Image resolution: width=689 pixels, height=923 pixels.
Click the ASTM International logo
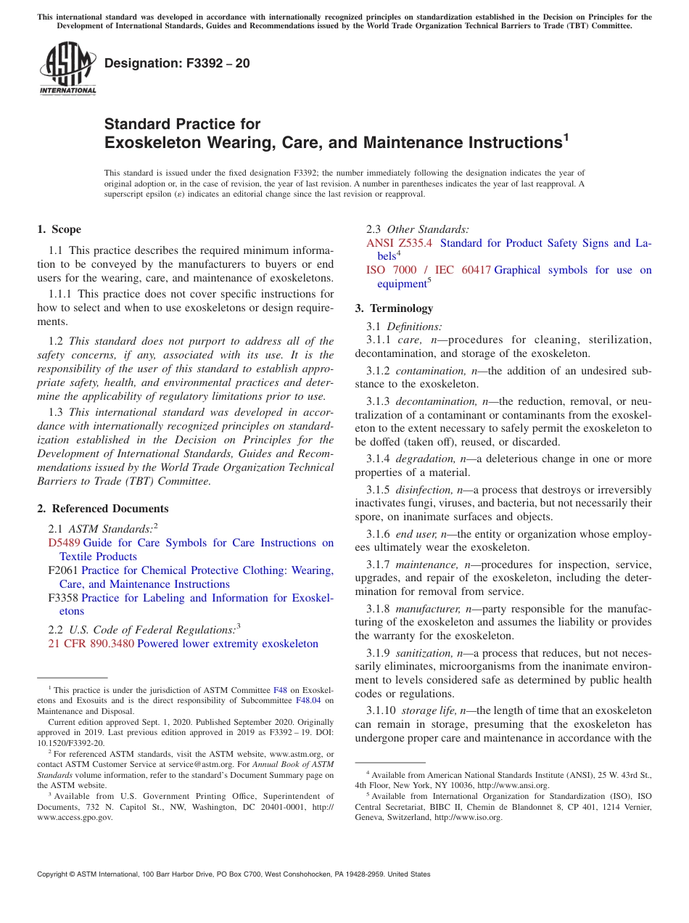tap(67, 67)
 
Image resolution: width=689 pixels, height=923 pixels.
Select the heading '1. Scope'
tap(59, 229)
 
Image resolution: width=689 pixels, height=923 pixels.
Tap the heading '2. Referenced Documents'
tap(103, 509)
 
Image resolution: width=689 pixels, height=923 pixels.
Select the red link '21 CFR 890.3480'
tap(91, 644)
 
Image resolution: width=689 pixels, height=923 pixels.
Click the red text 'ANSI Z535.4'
tap(399, 243)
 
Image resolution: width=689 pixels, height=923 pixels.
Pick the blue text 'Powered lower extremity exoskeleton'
tap(228, 644)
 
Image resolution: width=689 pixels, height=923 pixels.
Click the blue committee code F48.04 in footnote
tap(308, 701)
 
